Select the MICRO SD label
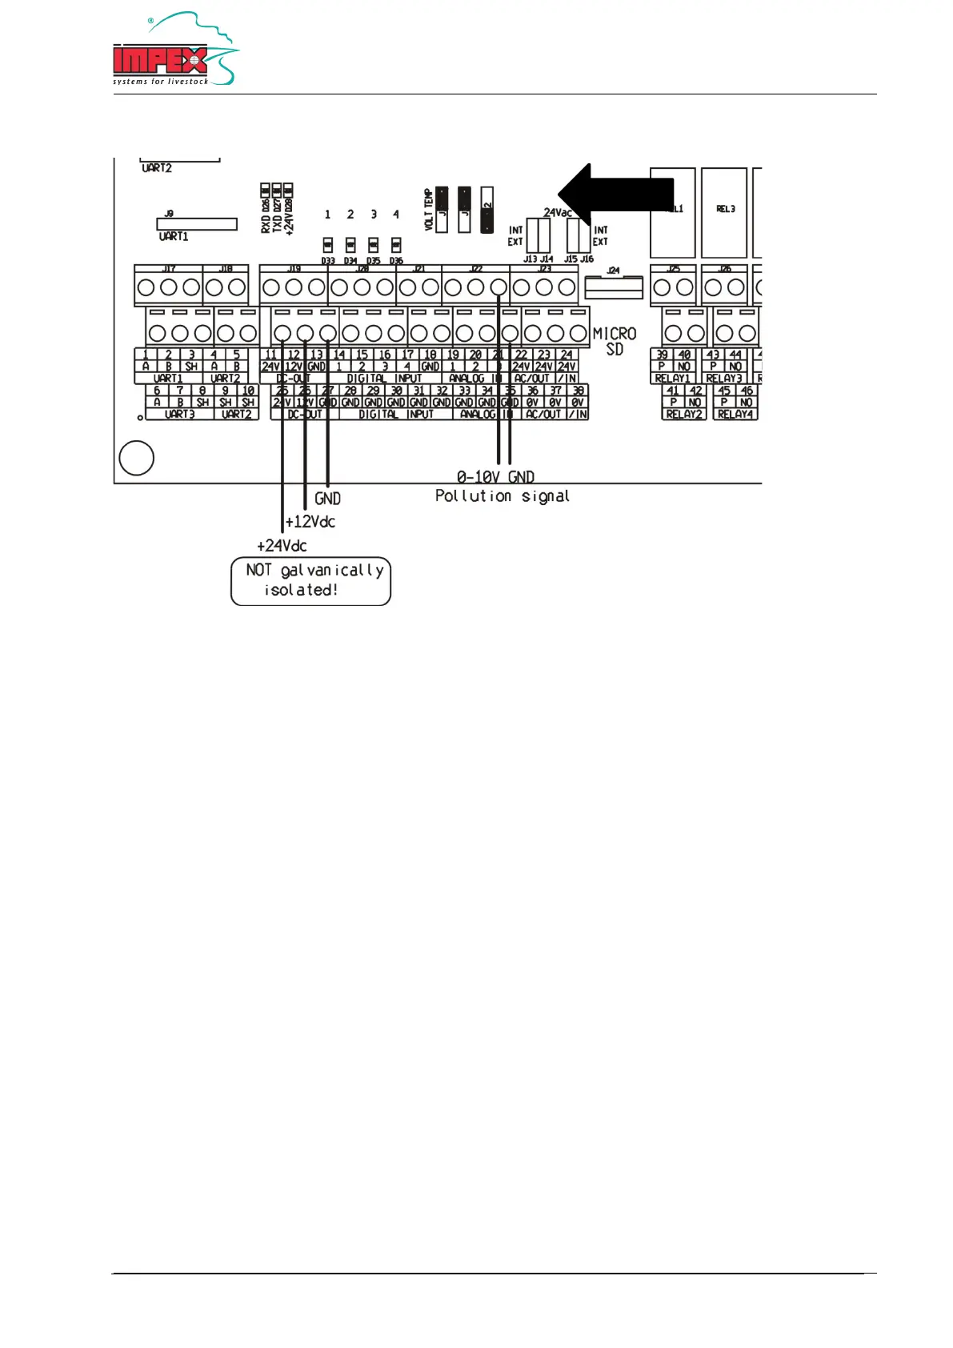(x=615, y=341)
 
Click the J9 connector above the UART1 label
(x=197, y=224)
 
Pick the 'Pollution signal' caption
(x=503, y=496)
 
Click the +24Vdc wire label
(x=282, y=546)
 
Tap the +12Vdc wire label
(x=310, y=522)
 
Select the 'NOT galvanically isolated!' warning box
(x=310, y=581)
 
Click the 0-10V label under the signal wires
(x=479, y=477)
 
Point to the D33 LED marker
(x=328, y=245)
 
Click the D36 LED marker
(x=396, y=245)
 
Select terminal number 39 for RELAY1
(x=662, y=355)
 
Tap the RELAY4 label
(x=735, y=415)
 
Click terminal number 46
(x=747, y=391)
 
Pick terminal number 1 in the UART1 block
(x=146, y=355)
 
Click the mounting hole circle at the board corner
(x=136, y=459)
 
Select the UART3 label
(x=180, y=415)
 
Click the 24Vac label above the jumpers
(x=558, y=213)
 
